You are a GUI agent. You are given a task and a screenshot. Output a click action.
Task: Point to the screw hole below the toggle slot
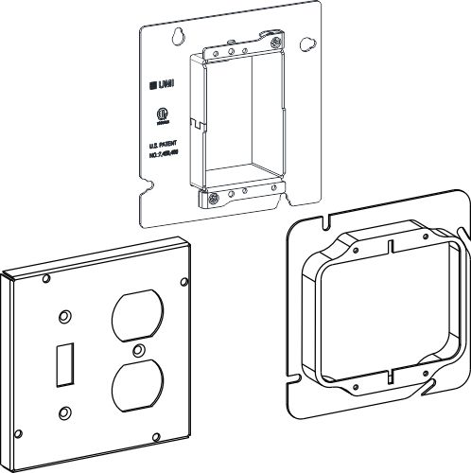pyautogui.click(x=65, y=409)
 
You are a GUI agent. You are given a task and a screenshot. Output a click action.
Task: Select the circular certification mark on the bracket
pyautogui.click(x=160, y=121)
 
